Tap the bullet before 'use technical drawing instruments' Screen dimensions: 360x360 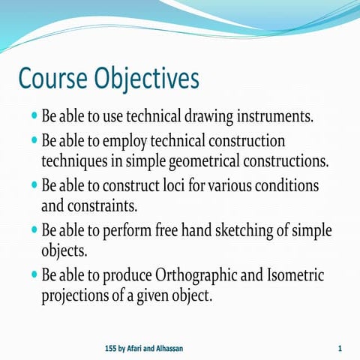coord(34,118)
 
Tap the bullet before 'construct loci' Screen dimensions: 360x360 coord(34,184)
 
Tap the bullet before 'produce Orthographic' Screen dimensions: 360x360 coord(34,274)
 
